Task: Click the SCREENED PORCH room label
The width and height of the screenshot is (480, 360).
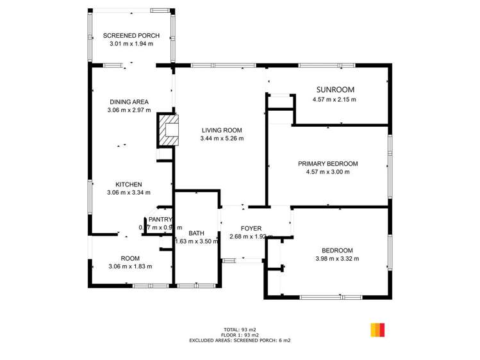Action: (x=131, y=36)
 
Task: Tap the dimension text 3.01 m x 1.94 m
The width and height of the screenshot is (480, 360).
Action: (x=131, y=44)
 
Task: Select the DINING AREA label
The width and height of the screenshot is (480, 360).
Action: (x=129, y=102)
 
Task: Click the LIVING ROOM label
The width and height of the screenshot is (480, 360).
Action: (x=221, y=130)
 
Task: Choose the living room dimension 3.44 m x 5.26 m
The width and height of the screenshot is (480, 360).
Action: (x=221, y=138)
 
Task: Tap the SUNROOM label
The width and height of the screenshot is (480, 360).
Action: (x=335, y=90)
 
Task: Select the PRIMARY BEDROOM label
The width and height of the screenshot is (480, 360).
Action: (x=327, y=164)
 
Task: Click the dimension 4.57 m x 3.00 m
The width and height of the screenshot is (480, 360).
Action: (x=327, y=172)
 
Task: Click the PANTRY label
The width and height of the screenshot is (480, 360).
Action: (x=161, y=219)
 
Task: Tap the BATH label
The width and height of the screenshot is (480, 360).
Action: (x=196, y=233)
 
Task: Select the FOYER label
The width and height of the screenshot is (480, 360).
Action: (x=251, y=229)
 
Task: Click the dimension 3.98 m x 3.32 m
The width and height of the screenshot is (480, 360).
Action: (x=337, y=259)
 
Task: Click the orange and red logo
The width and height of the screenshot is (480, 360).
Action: (x=377, y=330)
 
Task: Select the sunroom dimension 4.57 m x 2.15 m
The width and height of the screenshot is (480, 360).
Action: (x=334, y=99)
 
